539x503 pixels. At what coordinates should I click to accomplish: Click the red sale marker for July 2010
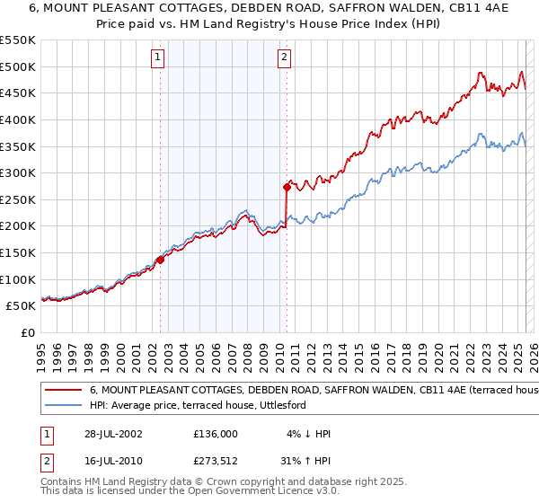287,187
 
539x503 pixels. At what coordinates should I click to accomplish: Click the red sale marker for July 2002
160,260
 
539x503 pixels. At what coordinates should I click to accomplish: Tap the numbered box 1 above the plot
157,58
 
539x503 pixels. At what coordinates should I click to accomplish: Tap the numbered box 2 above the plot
284,58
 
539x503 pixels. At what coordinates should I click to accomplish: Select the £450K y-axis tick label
18,93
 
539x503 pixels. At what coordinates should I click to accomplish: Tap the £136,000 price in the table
216,434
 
